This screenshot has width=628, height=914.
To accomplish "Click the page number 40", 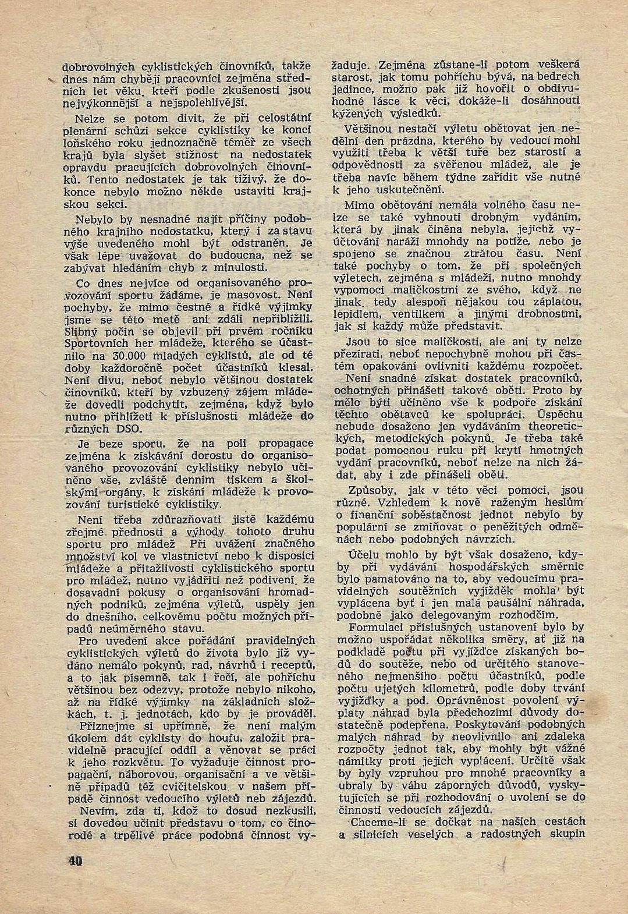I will (75, 861).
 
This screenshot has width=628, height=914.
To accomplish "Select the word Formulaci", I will (378, 627).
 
